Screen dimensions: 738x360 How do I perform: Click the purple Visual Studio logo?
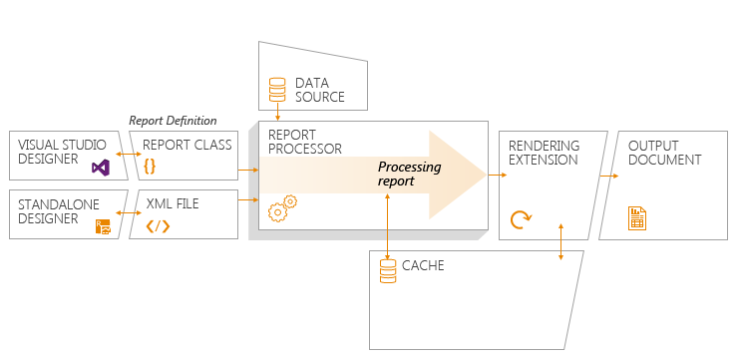coord(101,168)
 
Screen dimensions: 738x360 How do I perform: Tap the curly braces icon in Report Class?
coord(150,167)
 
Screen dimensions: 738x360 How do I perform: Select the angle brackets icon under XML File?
coord(158,226)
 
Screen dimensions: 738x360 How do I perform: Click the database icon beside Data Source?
coord(277,90)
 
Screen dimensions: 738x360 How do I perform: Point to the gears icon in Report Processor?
coord(282,208)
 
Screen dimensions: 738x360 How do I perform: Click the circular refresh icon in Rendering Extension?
coord(520,219)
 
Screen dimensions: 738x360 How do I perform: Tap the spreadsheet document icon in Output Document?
coord(637,218)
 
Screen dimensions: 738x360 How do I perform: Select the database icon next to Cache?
coord(388,271)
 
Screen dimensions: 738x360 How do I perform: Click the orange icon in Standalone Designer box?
coord(103,226)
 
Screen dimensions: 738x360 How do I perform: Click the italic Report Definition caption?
coord(173,121)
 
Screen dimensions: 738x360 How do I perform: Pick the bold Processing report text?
coord(410,174)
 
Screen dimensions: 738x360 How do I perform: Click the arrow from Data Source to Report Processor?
coord(277,112)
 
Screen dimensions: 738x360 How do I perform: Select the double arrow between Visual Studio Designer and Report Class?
coord(129,154)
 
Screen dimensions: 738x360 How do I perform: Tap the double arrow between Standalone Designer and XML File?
coord(129,213)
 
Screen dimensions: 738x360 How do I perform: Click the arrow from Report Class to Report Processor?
coord(248,170)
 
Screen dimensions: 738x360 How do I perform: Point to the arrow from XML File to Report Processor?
coord(248,200)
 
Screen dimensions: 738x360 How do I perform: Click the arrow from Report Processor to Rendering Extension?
coord(498,176)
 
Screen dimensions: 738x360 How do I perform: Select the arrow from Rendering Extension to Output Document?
coord(608,176)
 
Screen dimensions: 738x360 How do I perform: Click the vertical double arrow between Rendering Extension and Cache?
coord(560,241)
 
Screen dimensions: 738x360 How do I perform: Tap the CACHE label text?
coord(423,265)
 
